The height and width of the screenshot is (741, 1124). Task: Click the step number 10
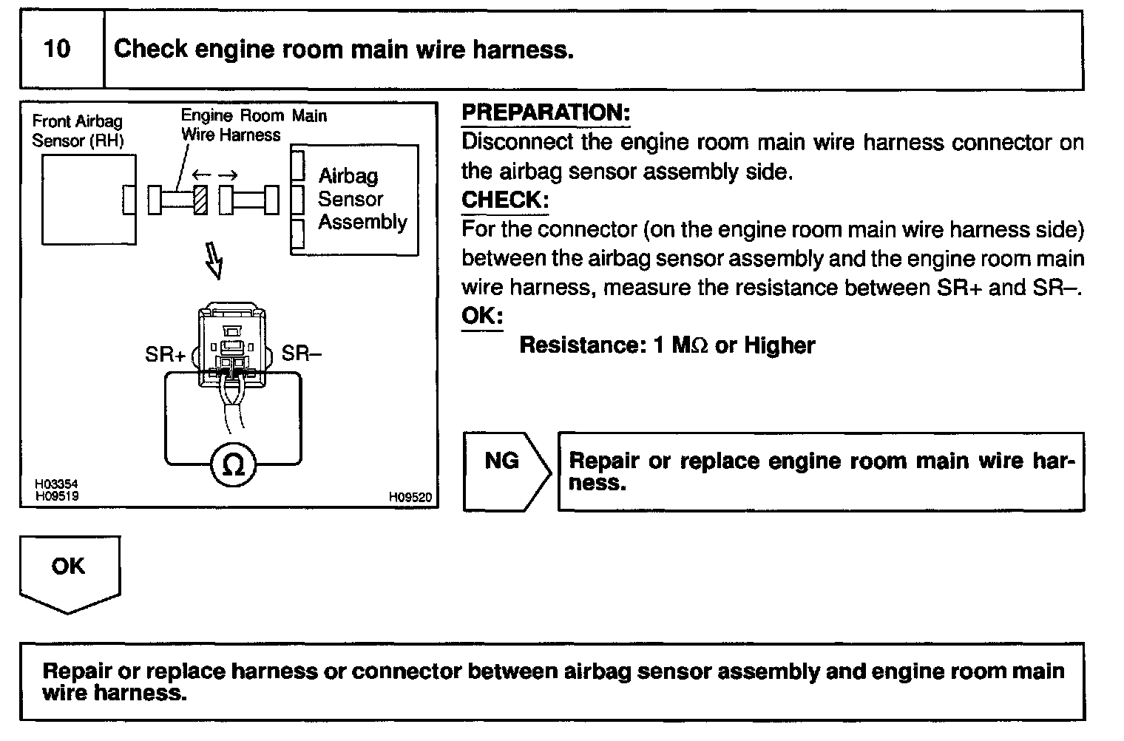(x=57, y=50)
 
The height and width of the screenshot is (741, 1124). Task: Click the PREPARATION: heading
(x=546, y=113)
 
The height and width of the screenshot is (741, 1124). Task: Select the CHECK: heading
(x=505, y=200)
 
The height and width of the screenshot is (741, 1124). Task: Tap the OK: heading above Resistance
(x=482, y=317)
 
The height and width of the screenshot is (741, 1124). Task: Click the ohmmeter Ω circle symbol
(x=233, y=465)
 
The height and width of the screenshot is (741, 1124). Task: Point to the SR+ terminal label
(x=166, y=355)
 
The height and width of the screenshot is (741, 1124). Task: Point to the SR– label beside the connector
(x=302, y=353)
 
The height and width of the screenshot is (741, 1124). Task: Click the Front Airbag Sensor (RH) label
(x=78, y=131)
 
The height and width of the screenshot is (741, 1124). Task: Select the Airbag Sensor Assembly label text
(x=362, y=199)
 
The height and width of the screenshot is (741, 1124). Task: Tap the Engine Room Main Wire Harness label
(x=253, y=125)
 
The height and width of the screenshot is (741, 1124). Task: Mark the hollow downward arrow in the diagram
(x=214, y=261)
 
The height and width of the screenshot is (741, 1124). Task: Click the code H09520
(x=410, y=498)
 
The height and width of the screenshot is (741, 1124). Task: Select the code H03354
(x=56, y=484)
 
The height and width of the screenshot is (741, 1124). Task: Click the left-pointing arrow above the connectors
(x=200, y=175)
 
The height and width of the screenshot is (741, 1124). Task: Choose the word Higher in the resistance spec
(x=779, y=346)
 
